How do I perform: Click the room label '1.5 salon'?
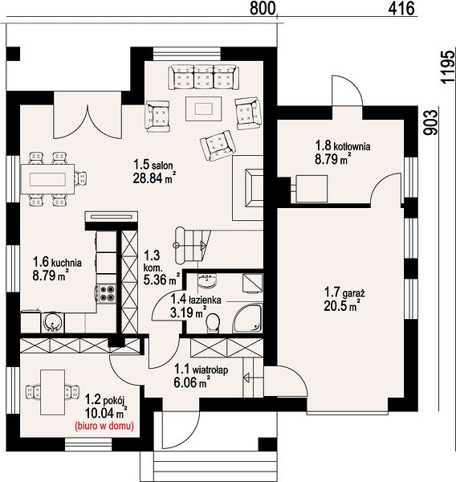click(x=153, y=165)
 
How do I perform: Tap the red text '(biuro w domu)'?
click(x=104, y=426)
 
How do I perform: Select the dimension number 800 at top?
click(x=262, y=8)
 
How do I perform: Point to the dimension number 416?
click(x=401, y=8)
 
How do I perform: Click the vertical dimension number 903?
click(x=430, y=122)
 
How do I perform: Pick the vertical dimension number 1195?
click(x=447, y=67)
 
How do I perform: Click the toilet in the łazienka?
click(x=213, y=323)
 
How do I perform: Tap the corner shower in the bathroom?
click(x=247, y=318)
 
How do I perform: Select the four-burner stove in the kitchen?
click(x=107, y=293)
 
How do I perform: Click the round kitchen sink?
click(x=53, y=322)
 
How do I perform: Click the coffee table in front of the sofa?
click(x=203, y=108)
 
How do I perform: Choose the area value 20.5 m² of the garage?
click(x=341, y=306)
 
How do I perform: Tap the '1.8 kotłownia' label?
click(x=343, y=145)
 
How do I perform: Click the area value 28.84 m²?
click(x=154, y=178)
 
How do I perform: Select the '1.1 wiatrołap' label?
click(x=202, y=370)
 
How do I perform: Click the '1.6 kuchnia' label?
click(x=58, y=262)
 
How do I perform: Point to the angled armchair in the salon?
click(x=218, y=145)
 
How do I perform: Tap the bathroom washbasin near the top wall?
click(x=207, y=280)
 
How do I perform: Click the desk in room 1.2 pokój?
click(x=52, y=392)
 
